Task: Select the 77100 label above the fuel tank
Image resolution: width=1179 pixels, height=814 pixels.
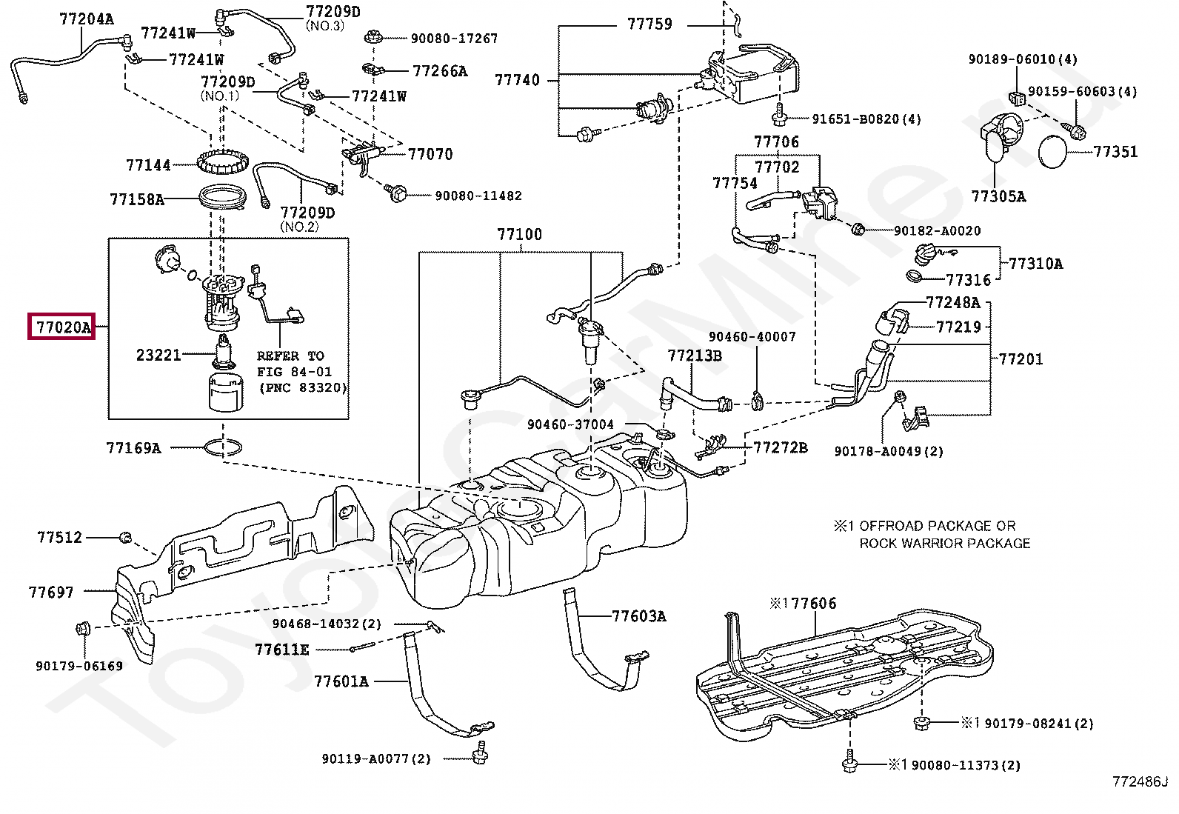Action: point(519,235)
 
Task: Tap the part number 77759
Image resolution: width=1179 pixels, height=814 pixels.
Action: point(649,24)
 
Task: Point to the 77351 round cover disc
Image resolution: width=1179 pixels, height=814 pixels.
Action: point(1052,152)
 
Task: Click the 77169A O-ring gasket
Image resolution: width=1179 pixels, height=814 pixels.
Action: point(222,447)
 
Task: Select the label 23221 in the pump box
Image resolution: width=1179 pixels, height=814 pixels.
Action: point(158,355)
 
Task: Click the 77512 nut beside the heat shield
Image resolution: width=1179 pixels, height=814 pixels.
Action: point(126,537)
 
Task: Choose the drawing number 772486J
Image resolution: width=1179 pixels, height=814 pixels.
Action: point(1139,781)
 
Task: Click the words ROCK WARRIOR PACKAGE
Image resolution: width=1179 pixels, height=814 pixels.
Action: point(944,543)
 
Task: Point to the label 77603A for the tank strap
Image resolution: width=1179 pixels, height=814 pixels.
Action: point(638,616)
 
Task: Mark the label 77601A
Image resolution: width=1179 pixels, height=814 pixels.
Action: point(341,681)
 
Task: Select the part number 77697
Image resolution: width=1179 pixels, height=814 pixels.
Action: point(51,593)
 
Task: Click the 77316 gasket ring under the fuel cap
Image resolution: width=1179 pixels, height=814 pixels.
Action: point(914,277)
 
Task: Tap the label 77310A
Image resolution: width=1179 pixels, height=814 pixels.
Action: point(1035,264)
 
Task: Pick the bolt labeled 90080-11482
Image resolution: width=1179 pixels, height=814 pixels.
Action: point(398,195)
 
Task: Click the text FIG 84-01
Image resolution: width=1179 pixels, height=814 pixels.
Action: point(294,372)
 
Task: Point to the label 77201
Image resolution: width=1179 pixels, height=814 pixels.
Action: point(1021,359)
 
